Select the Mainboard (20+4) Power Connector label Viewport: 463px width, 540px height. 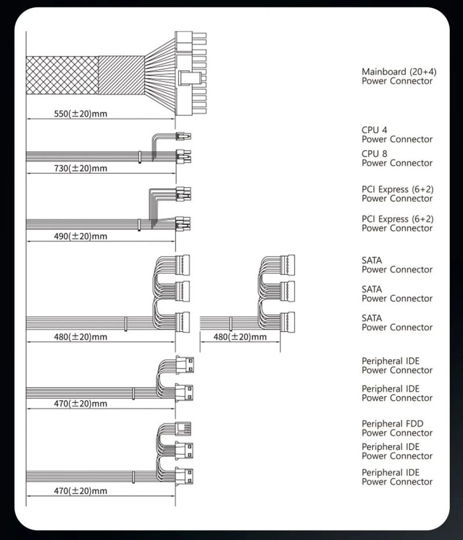(399, 76)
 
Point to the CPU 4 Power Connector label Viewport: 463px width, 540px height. (396, 134)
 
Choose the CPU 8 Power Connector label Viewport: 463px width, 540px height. (396, 158)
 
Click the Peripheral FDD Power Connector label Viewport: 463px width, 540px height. (396, 428)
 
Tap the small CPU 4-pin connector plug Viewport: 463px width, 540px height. (184, 137)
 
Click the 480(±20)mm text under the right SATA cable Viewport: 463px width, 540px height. (240, 337)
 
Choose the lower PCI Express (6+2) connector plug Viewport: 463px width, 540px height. (184, 223)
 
